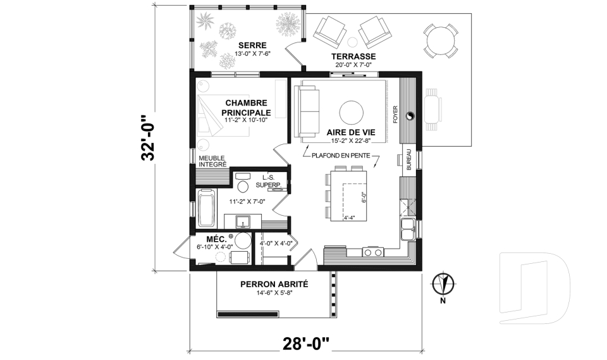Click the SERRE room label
[252, 46]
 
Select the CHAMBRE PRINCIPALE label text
[246, 107]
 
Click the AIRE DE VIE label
[351, 132]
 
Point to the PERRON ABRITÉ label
[274, 284]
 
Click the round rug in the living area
[352, 113]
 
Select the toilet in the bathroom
[242, 185]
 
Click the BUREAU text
[409, 159]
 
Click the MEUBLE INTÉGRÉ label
[212, 161]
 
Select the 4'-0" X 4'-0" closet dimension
[275, 243]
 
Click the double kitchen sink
[408, 229]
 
